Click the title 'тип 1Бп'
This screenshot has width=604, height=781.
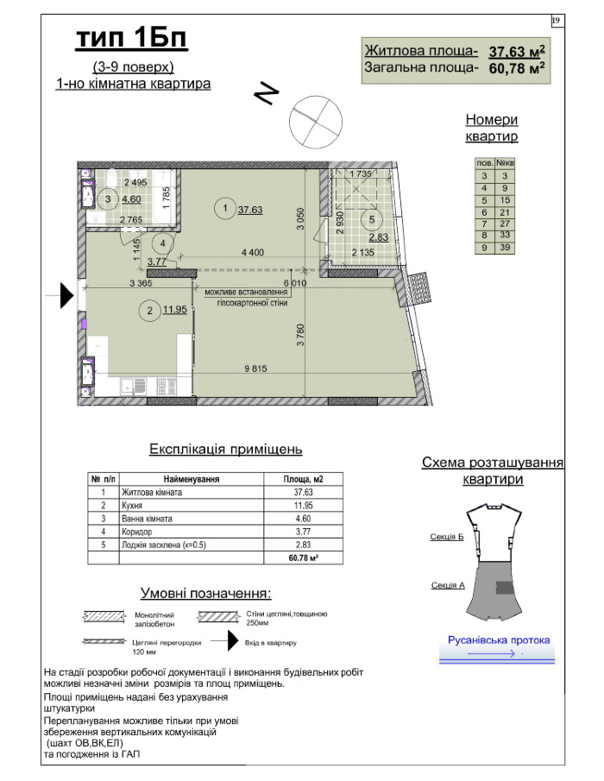click(131, 38)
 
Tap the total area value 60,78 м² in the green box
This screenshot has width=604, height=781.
click(516, 67)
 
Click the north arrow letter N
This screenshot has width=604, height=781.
click(267, 92)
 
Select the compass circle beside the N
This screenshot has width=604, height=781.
click(316, 122)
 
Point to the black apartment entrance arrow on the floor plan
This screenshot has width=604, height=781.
click(67, 295)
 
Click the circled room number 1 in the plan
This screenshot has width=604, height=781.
click(225, 208)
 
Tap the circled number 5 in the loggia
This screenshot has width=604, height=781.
click(372, 218)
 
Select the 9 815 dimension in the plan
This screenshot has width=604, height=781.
click(255, 368)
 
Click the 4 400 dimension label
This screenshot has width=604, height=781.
click(253, 253)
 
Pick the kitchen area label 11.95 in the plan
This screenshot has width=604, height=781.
click(175, 309)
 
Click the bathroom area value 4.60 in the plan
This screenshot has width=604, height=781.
click(131, 199)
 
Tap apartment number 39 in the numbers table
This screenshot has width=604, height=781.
click(505, 248)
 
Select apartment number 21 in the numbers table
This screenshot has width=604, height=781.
click(505, 212)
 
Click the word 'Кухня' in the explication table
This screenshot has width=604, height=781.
click(132, 506)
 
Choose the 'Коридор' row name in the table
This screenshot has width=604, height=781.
click(137, 532)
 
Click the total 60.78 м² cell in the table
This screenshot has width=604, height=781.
click(303, 557)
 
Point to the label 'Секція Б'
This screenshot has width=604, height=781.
click(447, 537)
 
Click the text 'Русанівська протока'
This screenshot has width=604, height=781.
click(499, 640)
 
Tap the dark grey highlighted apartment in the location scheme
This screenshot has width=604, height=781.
click(506, 587)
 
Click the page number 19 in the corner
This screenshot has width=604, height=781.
click(557, 21)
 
